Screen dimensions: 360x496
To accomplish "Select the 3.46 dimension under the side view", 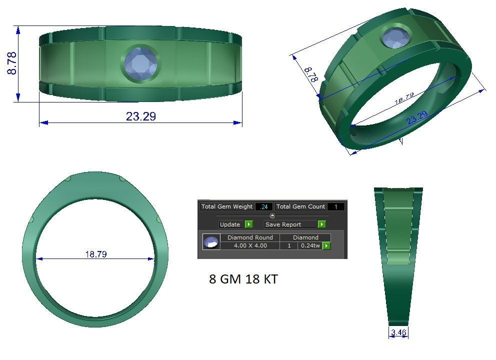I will coord(398,332).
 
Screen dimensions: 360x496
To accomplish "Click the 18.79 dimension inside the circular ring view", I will coord(95,254).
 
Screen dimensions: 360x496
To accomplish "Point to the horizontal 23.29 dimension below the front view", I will coord(140,116).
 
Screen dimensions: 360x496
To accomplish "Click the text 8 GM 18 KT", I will coord(243,279).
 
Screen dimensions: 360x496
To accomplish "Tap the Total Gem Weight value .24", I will coord(263,206).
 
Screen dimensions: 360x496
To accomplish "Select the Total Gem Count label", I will coord(300,206).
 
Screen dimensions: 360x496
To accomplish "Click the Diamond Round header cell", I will coord(250,237).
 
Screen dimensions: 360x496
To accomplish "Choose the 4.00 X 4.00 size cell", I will coord(250,245).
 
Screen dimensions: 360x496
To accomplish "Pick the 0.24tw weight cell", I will coord(310,245).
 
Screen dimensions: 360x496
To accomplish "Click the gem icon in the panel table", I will coord(211,242).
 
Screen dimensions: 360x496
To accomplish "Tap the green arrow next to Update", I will coord(249,224).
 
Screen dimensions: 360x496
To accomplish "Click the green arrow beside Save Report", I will coord(322,224).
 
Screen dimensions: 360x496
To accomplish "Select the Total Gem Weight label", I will coord(227,206).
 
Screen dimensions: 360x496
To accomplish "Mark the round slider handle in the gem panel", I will coord(272,215).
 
